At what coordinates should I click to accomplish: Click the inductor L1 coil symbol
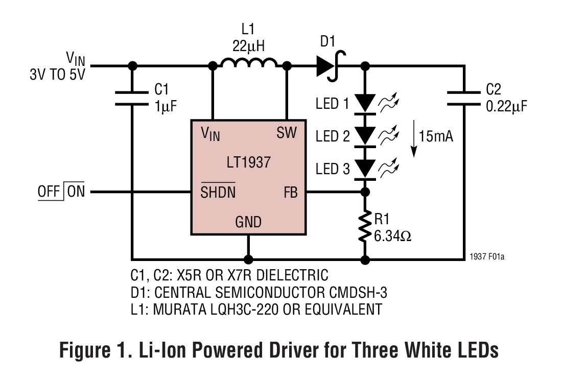click(x=249, y=63)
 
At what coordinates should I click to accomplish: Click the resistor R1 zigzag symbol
click(x=365, y=226)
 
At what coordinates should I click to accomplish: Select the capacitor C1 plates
click(x=132, y=98)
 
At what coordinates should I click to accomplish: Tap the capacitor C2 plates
click(x=464, y=98)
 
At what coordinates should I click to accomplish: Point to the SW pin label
click(x=286, y=133)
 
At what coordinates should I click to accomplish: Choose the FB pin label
click(x=290, y=193)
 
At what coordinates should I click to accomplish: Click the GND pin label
click(x=248, y=222)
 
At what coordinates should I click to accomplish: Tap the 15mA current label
click(x=436, y=136)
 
